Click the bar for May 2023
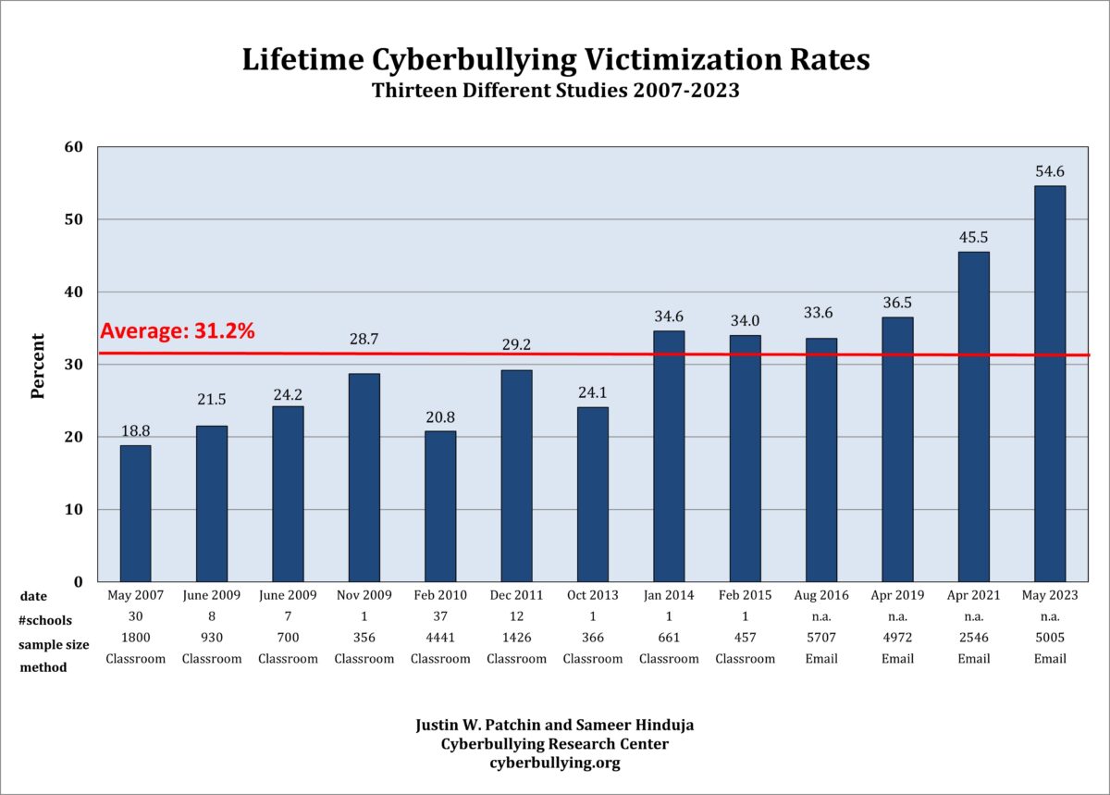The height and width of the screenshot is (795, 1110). pyautogui.click(x=1049, y=383)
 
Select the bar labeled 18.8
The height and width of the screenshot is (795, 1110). pyautogui.click(x=135, y=513)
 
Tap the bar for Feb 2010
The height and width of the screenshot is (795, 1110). pyautogui.click(x=440, y=505)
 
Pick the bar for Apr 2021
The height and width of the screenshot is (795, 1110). pyautogui.click(x=973, y=416)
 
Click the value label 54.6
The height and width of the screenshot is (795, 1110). pyautogui.click(x=1049, y=172)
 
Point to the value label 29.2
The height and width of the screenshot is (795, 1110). pyautogui.click(x=516, y=342)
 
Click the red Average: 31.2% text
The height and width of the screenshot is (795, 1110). pyautogui.click(x=177, y=331)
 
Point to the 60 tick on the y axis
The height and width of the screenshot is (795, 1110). pyautogui.click(x=74, y=147)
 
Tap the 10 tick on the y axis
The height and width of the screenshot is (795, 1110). pyautogui.click(x=74, y=509)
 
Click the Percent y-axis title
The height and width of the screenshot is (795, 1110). pyautogui.click(x=38, y=366)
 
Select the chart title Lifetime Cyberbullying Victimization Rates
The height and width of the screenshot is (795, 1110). pyautogui.click(x=555, y=60)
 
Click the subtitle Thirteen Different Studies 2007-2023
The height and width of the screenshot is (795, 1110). pyautogui.click(x=555, y=91)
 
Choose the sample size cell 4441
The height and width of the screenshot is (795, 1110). pyautogui.click(x=440, y=638)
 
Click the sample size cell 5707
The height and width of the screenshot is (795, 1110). pyautogui.click(x=820, y=638)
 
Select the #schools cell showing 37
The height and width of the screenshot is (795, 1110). pyautogui.click(x=440, y=616)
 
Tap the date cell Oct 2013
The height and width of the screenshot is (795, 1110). pyautogui.click(x=592, y=595)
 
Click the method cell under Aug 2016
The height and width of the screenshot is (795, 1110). pyautogui.click(x=820, y=659)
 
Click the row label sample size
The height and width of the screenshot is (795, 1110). pyautogui.click(x=54, y=644)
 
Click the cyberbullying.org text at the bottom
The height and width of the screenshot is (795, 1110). pyautogui.click(x=555, y=764)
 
